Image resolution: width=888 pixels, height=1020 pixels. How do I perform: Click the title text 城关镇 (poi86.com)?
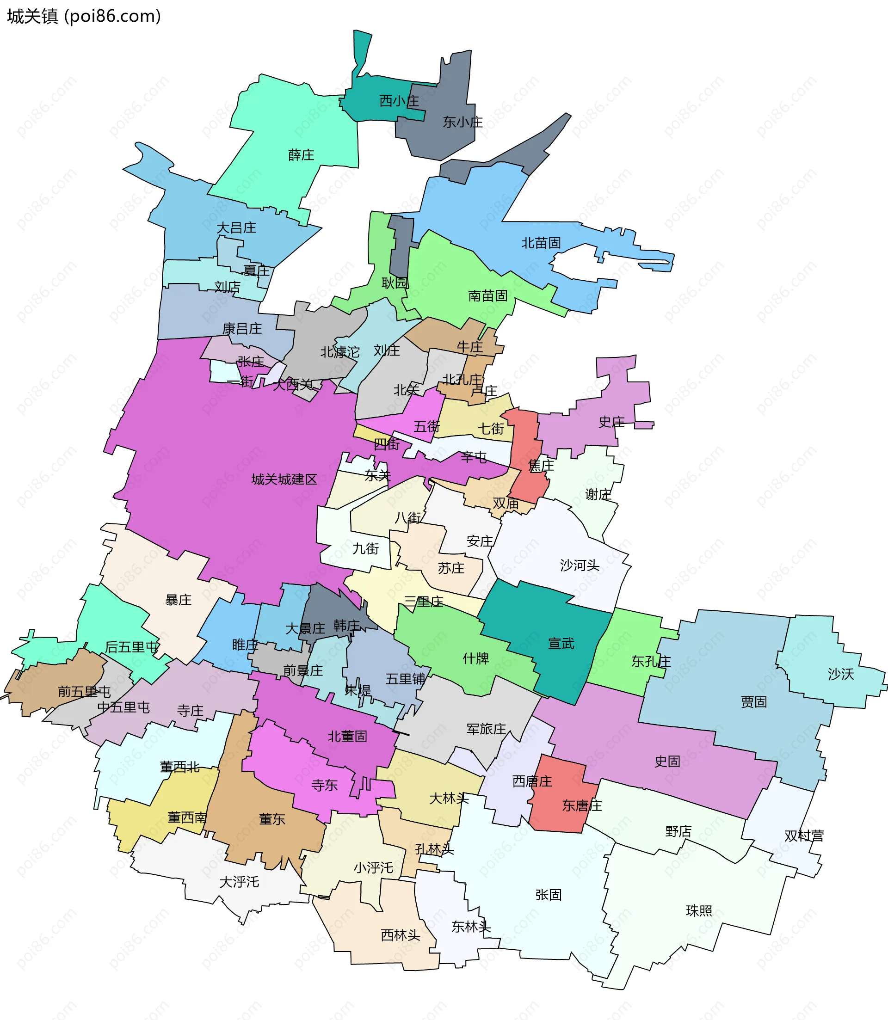[x=84, y=16]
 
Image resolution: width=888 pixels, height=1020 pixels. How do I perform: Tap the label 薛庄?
[x=301, y=155]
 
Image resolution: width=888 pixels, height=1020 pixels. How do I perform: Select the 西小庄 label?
[x=399, y=101]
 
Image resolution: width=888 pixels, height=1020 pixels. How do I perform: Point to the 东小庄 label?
[x=462, y=122]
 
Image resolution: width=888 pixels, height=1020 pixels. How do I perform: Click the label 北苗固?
[x=541, y=243]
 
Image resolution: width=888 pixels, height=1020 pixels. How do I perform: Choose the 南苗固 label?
[x=487, y=296]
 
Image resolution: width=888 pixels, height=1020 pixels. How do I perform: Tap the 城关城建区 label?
[x=284, y=479]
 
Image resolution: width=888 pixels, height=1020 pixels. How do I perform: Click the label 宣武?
[x=561, y=644]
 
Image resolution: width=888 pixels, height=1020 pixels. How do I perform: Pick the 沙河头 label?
[x=579, y=565]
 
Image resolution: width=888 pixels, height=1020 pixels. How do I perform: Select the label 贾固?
[x=753, y=701]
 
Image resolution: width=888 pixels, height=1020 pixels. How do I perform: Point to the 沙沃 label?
[x=840, y=674]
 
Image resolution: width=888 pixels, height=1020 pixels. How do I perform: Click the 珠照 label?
[x=699, y=910]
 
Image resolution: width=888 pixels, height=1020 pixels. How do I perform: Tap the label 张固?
[x=548, y=895]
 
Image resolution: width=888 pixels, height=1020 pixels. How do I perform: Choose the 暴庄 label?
[x=178, y=600]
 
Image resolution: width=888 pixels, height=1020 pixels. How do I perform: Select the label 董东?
[x=271, y=819]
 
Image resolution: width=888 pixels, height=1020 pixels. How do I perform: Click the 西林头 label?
[x=400, y=935]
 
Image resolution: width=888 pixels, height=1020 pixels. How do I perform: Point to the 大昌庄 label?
[x=236, y=227]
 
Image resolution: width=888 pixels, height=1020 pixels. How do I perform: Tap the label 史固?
[x=666, y=761]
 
